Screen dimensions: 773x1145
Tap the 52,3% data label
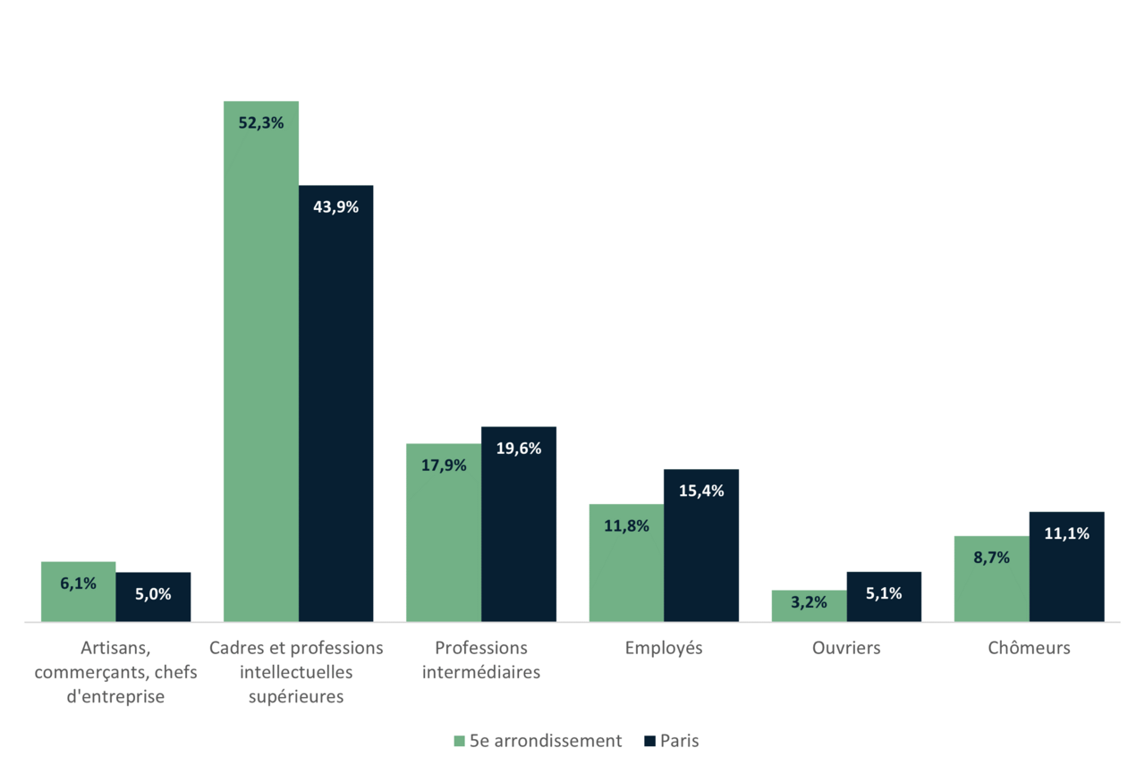pos(261,123)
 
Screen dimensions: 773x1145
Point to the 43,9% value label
pos(335,207)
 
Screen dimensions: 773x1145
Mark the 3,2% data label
pos(809,602)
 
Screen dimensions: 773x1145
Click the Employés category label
pos(664,648)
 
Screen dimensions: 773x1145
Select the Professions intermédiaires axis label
pos(481,660)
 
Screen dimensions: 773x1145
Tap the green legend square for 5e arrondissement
pos(459,741)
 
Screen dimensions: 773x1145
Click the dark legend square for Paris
pos(649,741)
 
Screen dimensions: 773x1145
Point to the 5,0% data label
pos(153,593)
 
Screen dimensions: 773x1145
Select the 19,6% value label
pos(519,449)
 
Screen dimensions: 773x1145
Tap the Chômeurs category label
pos(1029,648)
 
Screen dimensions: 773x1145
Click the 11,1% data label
pos(1066,534)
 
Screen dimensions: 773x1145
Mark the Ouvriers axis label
pos(846,648)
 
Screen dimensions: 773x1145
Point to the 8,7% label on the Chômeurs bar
pos(991,558)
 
